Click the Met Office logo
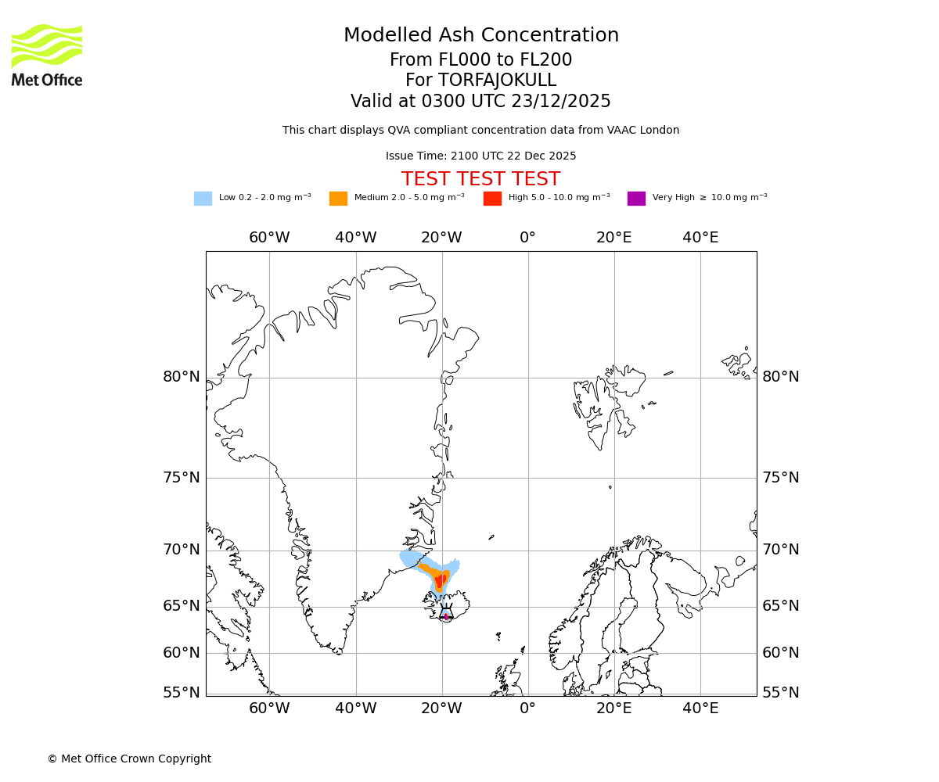pyautogui.click(x=47, y=55)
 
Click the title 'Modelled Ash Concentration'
pyautogui.click(x=481, y=36)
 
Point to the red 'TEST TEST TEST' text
pyautogui.click(x=480, y=180)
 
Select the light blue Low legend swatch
pyautogui.click(x=203, y=199)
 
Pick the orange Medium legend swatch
pyautogui.click(x=338, y=199)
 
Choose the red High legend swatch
pyautogui.click(x=492, y=199)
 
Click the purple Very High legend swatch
pyautogui.click(x=636, y=199)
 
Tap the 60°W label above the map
pyautogui.click(x=269, y=238)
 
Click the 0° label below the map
pyautogui.click(x=528, y=708)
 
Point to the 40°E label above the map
pyautogui.click(x=700, y=238)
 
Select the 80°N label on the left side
pyautogui.click(x=182, y=377)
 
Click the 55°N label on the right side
pyautogui.click(x=781, y=693)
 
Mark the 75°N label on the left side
pyautogui.click(x=182, y=478)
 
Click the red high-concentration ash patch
pyautogui.click(x=440, y=581)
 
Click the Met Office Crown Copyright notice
pyautogui.click(x=129, y=759)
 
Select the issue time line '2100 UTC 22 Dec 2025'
pyautogui.click(x=480, y=156)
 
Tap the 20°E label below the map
pyautogui.click(x=614, y=708)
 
